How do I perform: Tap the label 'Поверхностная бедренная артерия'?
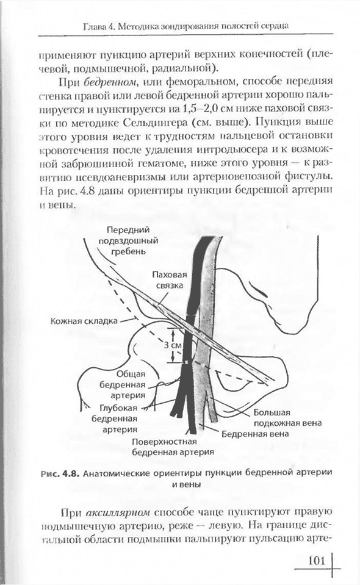tap(173, 447)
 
